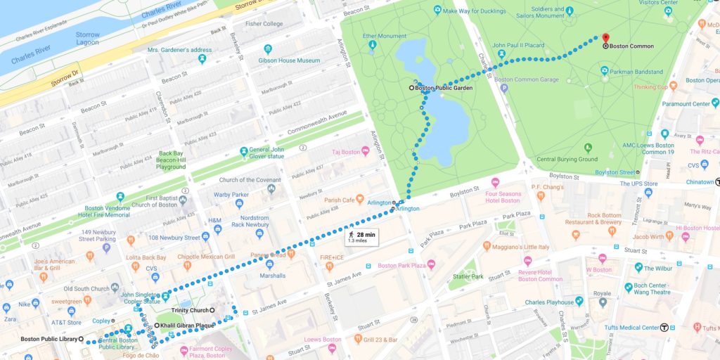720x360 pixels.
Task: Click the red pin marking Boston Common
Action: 605,39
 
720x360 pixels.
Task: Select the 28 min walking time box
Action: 361,238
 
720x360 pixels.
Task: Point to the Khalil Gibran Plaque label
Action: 186,326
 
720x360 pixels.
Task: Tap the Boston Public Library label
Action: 49,339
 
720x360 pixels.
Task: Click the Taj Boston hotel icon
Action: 364,152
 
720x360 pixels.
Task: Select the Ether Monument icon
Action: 373,46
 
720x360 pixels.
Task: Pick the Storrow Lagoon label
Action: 88,39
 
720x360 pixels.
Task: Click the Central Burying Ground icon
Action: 588,148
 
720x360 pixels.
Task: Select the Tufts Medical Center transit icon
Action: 664,327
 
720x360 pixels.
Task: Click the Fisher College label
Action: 264,23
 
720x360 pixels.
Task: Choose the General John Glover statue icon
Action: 243,151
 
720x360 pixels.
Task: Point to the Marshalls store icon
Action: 269,264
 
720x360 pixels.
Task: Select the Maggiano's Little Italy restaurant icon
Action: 487,246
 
